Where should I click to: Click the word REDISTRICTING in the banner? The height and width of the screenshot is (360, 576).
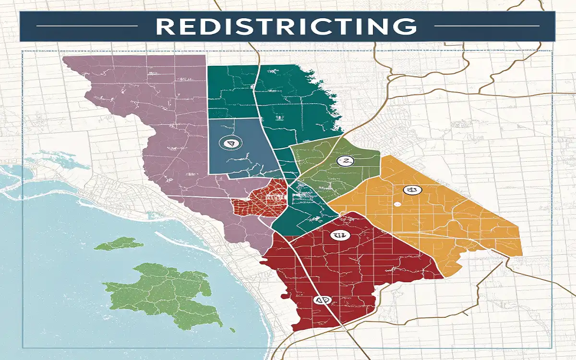click(x=287, y=27)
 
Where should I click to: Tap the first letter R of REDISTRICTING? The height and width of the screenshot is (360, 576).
click(x=164, y=27)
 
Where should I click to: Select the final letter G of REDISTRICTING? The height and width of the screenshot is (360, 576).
click(x=408, y=27)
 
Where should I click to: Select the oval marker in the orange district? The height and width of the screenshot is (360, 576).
click(x=410, y=191)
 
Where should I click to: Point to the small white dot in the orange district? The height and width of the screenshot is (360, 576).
click(x=396, y=204)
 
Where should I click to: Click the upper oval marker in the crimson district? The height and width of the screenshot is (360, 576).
click(x=339, y=235)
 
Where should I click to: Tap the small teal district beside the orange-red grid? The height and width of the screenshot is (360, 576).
click(x=302, y=211)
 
